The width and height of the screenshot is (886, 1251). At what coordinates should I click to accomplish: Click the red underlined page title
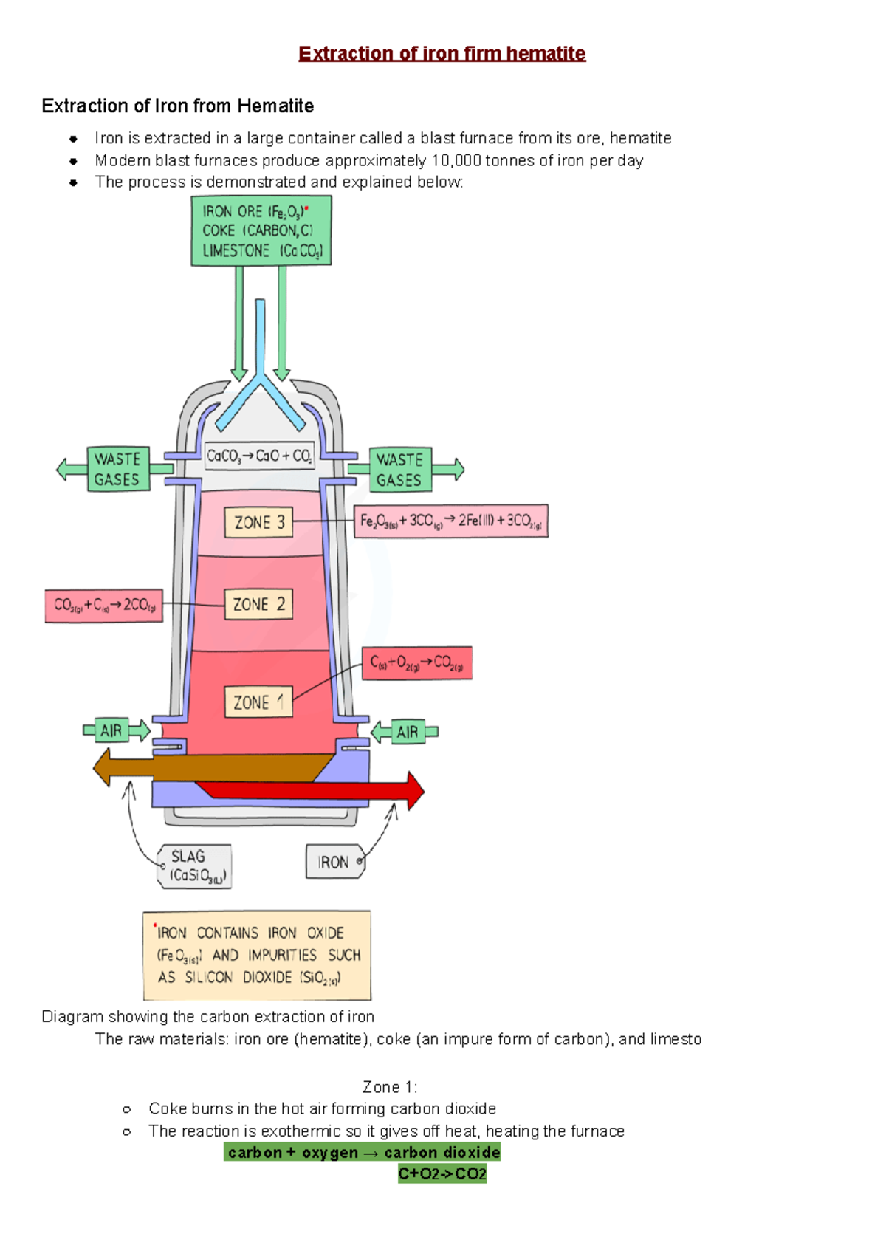[442, 54]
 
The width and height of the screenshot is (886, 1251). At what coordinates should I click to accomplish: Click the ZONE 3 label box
[258, 523]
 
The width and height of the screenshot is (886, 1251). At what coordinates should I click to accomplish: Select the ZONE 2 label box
[258, 604]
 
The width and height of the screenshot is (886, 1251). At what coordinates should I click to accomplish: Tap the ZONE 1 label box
[258, 702]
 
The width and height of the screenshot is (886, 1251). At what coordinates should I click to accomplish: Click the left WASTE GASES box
[117, 469]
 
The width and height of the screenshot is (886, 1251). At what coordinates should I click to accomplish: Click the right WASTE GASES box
[399, 470]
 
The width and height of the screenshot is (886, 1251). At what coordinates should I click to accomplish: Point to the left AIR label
[111, 731]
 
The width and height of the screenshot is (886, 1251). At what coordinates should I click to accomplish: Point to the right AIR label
[408, 732]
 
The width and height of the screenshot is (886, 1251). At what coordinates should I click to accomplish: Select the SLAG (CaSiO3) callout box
[195, 866]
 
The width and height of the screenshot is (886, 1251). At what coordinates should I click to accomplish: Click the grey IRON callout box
[334, 862]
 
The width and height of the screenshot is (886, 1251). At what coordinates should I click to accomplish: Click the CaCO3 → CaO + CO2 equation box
[259, 456]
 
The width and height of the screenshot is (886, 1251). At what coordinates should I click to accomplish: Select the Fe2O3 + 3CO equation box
[450, 521]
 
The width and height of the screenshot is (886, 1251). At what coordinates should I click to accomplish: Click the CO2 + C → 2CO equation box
[103, 606]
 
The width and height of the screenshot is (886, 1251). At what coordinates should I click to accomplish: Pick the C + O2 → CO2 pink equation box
[417, 663]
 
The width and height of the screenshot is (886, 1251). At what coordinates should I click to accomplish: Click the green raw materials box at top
[261, 231]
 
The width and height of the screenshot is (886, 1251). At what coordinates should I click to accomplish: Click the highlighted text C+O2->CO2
[442, 1174]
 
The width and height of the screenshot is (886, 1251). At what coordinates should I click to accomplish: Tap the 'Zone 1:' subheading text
[390, 1087]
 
